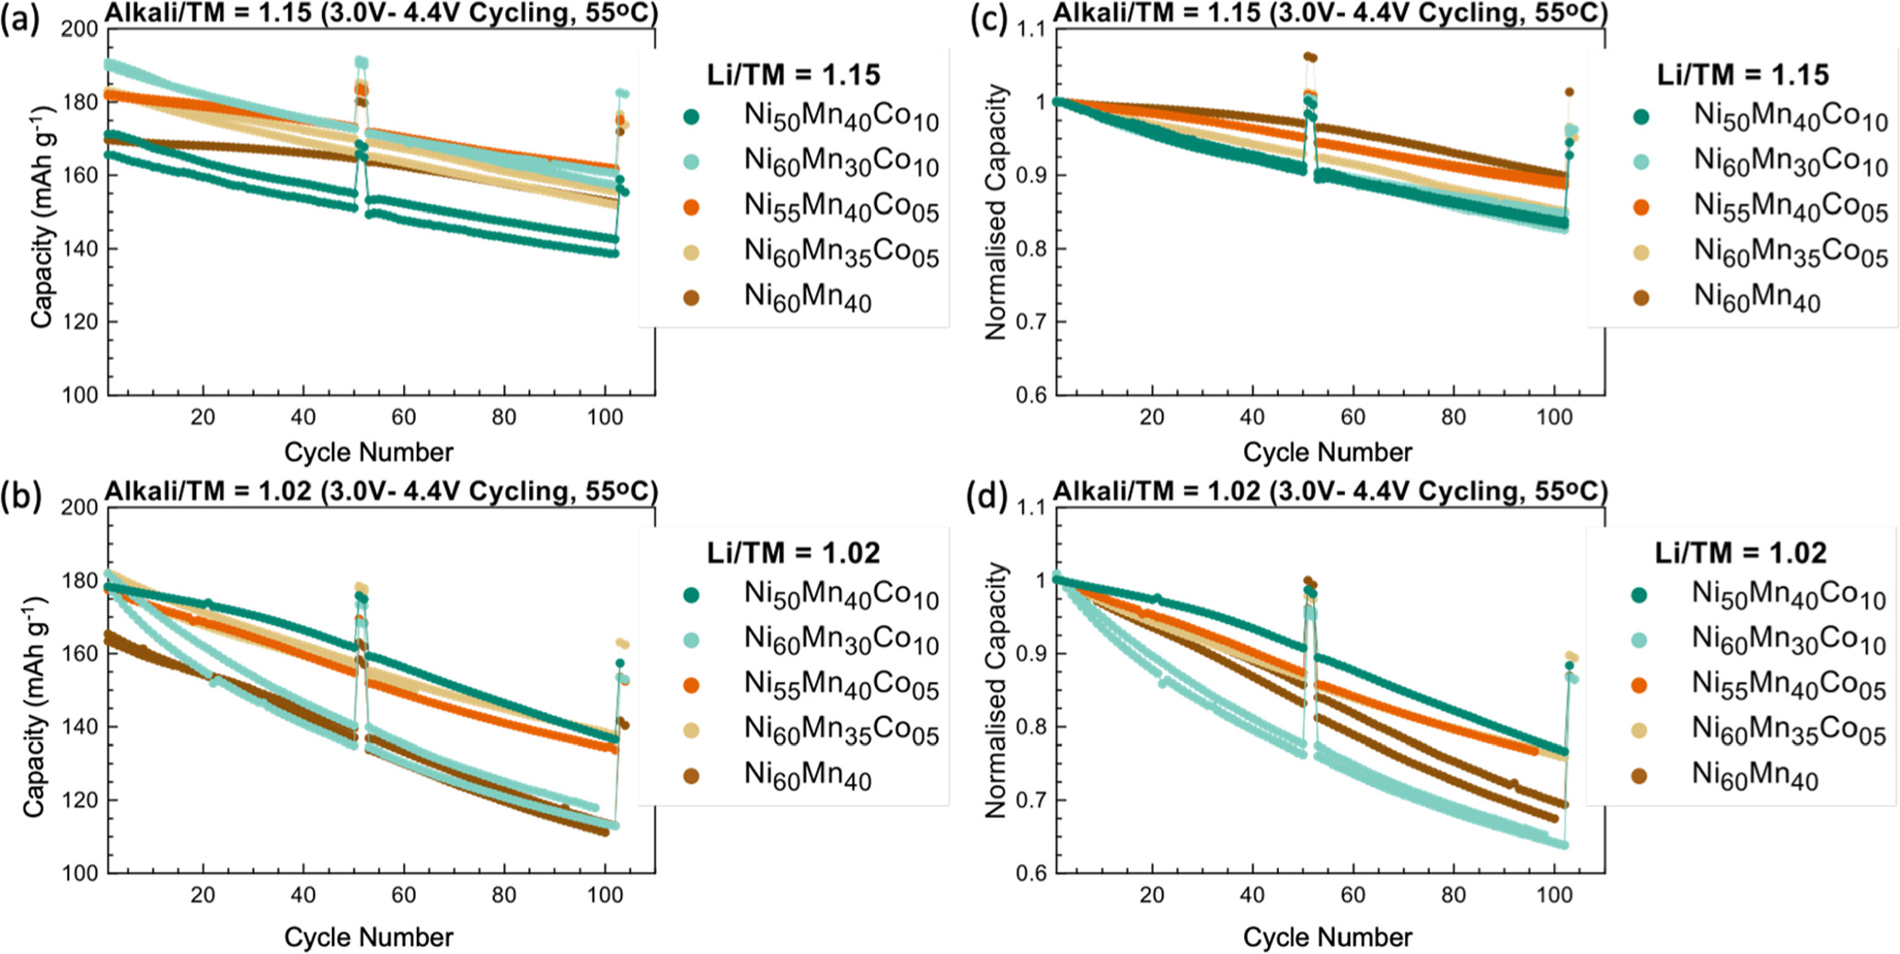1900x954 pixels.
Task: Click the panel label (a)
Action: point(20,19)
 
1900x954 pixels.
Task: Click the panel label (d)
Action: point(987,497)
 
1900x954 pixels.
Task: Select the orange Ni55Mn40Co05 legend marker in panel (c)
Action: point(1641,207)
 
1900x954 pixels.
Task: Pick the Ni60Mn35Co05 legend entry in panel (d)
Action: point(1788,730)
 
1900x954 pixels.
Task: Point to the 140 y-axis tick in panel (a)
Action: point(80,248)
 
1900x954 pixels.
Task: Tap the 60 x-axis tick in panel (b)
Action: point(403,894)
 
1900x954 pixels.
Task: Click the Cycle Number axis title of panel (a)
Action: point(368,452)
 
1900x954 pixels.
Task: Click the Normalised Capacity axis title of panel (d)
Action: point(996,690)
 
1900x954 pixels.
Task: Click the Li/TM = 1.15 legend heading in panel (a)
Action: point(793,75)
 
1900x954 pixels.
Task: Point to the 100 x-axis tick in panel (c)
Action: point(1554,417)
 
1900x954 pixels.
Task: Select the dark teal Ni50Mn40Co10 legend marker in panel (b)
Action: point(691,594)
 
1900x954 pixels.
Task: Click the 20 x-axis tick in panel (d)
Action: point(1152,894)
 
